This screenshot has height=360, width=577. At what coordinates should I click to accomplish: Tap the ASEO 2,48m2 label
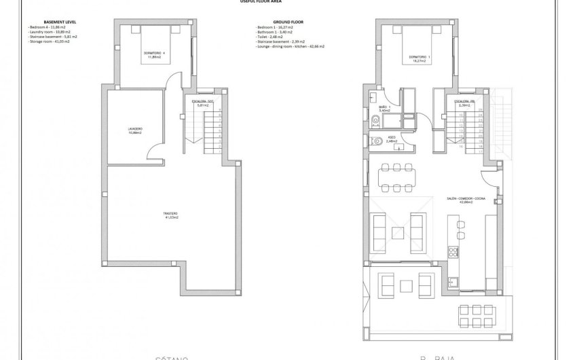[x=392, y=139]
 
